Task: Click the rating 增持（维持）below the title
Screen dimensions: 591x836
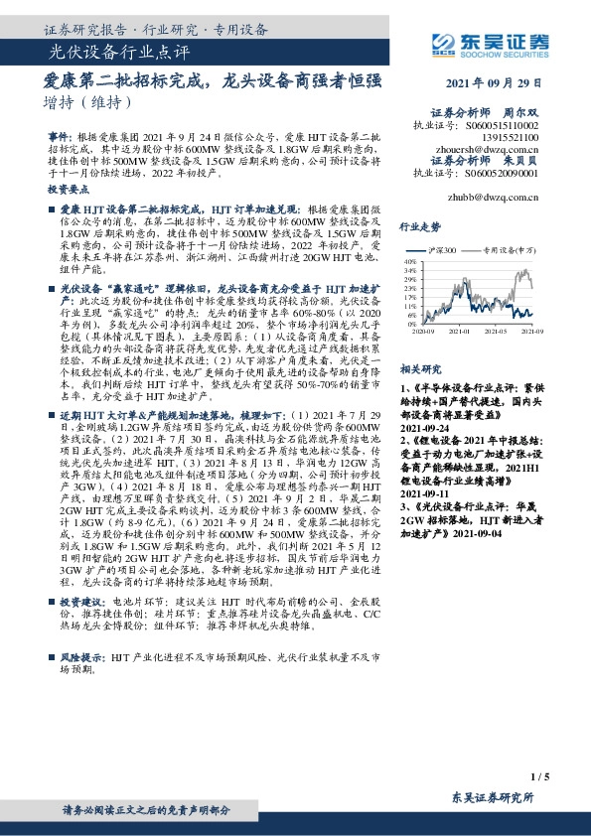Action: pyautogui.click(x=83, y=102)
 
